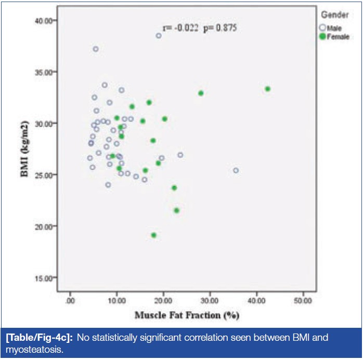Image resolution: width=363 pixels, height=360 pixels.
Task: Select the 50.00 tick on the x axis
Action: tap(303, 300)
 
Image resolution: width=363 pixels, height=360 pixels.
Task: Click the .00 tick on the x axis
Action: tap(70, 300)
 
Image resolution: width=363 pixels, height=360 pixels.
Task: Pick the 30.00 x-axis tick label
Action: tap(210, 300)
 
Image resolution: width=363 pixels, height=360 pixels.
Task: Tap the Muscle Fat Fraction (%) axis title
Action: tap(187, 315)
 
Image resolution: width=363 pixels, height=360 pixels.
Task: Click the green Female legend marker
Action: tap(322, 36)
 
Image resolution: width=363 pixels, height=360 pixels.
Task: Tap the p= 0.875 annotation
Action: tap(219, 29)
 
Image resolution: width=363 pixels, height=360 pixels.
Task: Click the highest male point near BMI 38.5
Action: tap(159, 36)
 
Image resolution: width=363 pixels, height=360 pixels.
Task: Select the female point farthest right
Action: tap(267, 89)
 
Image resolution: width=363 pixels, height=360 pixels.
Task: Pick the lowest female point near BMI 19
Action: tap(154, 235)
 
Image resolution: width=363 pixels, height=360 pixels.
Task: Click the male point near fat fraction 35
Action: tap(236, 170)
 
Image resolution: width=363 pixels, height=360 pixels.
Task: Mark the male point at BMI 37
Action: tap(96, 49)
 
